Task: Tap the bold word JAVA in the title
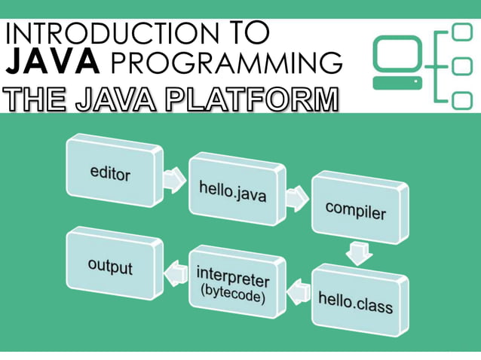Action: click(x=53, y=61)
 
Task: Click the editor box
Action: click(x=112, y=173)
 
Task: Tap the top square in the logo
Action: click(x=461, y=32)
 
